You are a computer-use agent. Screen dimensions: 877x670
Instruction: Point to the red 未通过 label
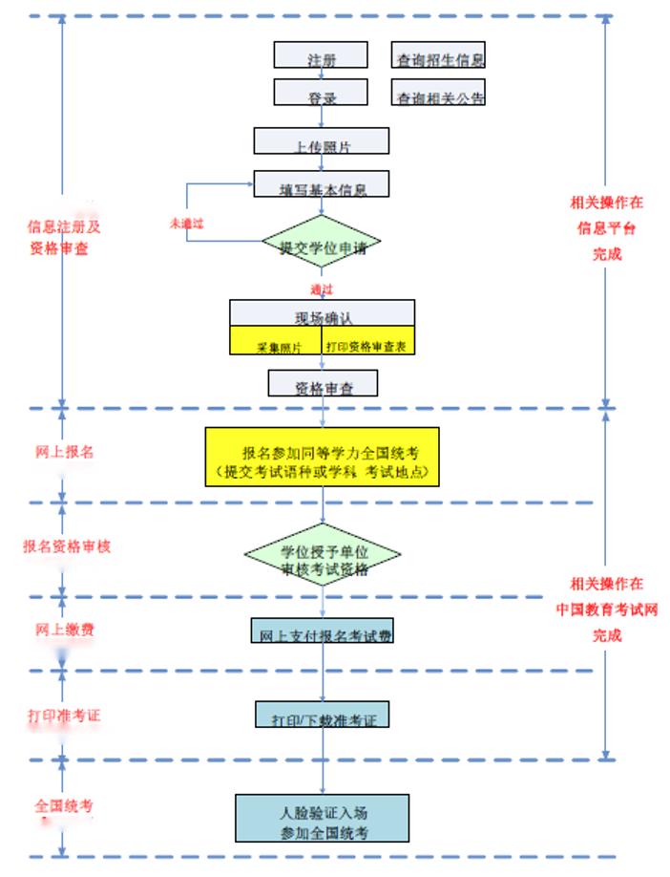[x=187, y=223]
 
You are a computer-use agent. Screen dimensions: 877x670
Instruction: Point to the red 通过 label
[x=321, y=289]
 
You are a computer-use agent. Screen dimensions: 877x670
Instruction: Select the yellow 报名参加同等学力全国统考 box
[x=322, y=457]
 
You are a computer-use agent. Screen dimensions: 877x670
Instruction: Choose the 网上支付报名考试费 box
[x=322, y=631]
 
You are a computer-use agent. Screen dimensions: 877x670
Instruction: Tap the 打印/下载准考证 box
[x=323, y=715]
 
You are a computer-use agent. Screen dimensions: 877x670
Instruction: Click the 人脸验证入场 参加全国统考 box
[x=322, y=819]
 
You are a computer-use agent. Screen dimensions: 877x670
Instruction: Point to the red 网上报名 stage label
[x=65, y=452]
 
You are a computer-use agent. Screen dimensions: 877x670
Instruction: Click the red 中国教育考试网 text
[x=606, y=610]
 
